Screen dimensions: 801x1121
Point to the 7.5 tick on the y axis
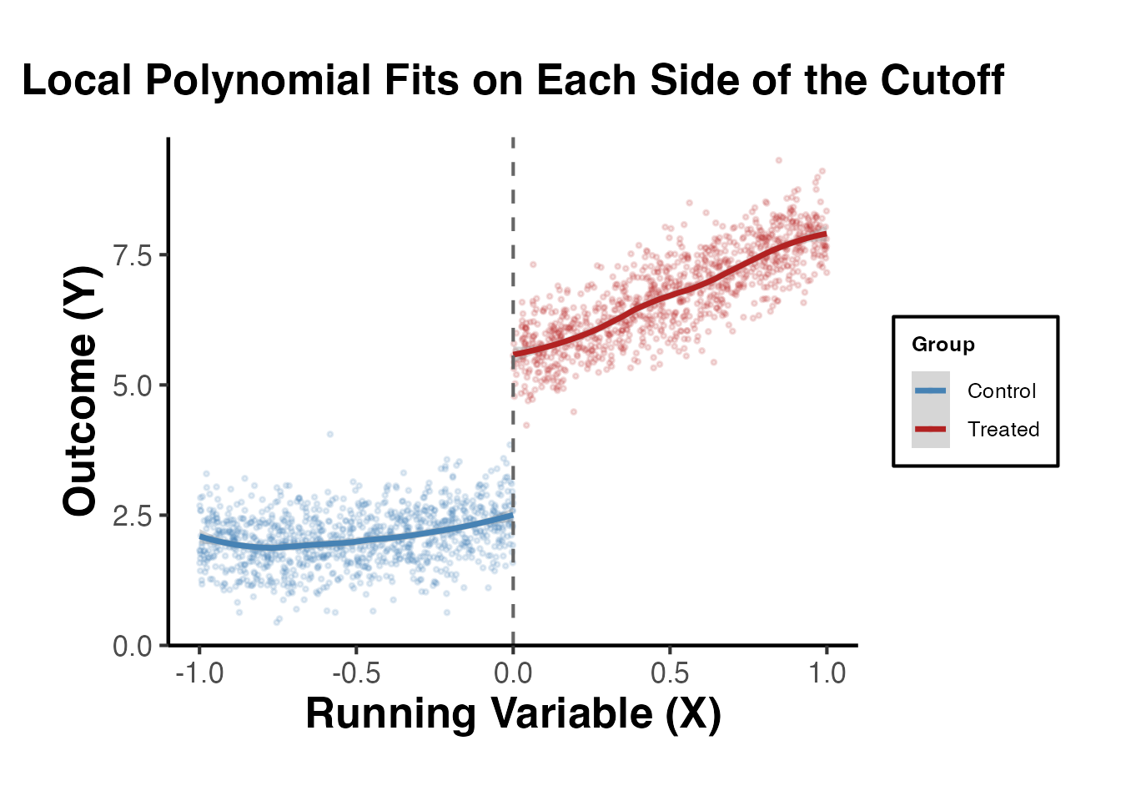tap(133, 255)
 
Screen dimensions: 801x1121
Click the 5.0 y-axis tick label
tap(133, 385)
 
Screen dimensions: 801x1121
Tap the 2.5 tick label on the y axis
tap(133, 516)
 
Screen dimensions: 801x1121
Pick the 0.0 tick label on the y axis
tap(133, 646)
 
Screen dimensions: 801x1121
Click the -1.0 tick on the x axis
tap(199, 673)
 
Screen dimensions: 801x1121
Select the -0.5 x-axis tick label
tap(356, 673)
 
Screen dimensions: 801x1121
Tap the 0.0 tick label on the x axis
tap(513, 673)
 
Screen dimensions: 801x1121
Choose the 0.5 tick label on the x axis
tap(670, 673)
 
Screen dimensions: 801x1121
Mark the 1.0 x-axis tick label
tap(827, 673)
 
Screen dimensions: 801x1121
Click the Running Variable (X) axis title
tap(513, 713)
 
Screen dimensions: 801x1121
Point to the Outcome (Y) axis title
tap(81, 390)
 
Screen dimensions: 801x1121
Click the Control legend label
tap(1001, 390)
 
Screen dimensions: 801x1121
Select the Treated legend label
tap(1003, 429)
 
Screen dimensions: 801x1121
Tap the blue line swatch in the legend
tap(930, 390)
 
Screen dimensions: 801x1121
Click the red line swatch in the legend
tap(930, 429)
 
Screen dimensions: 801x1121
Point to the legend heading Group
tap(943, 345)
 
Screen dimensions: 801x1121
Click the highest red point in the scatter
tap(779, 160)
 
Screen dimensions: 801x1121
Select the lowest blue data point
tap(278, 622)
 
